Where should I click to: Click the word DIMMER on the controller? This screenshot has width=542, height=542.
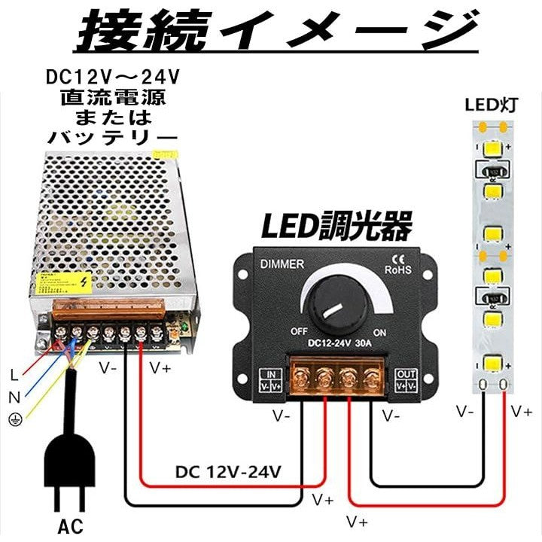pos(282,263)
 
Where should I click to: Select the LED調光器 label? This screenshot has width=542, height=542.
pos(336,225)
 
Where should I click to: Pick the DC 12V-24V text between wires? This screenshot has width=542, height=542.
pos(229,473)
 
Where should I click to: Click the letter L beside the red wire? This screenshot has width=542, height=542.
pos(14,374)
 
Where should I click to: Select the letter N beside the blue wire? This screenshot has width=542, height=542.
pos(14,397)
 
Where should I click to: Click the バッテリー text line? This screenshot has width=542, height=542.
pos(114,137)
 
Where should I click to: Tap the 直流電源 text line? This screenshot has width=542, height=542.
pos(114,98)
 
